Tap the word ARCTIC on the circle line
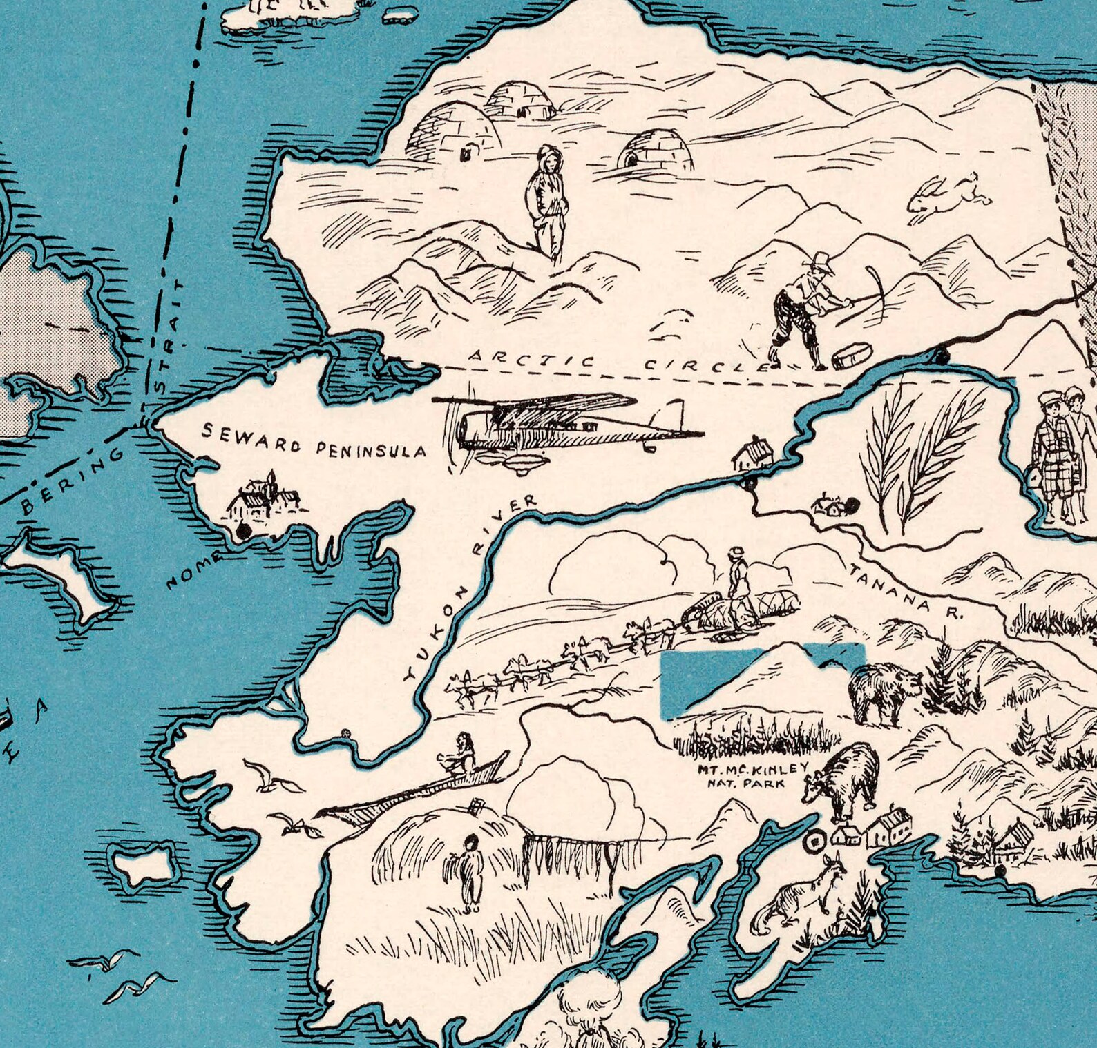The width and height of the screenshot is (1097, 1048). [x=531, y=359]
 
